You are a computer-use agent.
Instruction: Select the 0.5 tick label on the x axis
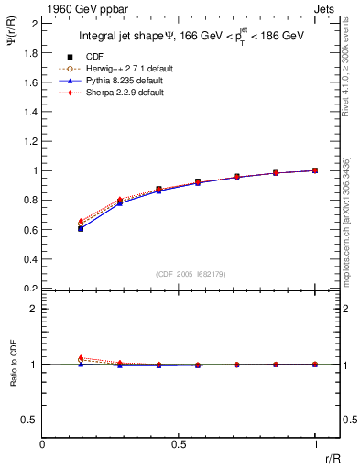179,443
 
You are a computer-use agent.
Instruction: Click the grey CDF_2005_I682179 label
191,273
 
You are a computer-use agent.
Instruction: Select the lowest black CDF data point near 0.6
82,228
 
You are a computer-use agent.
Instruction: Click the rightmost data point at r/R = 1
315,170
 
